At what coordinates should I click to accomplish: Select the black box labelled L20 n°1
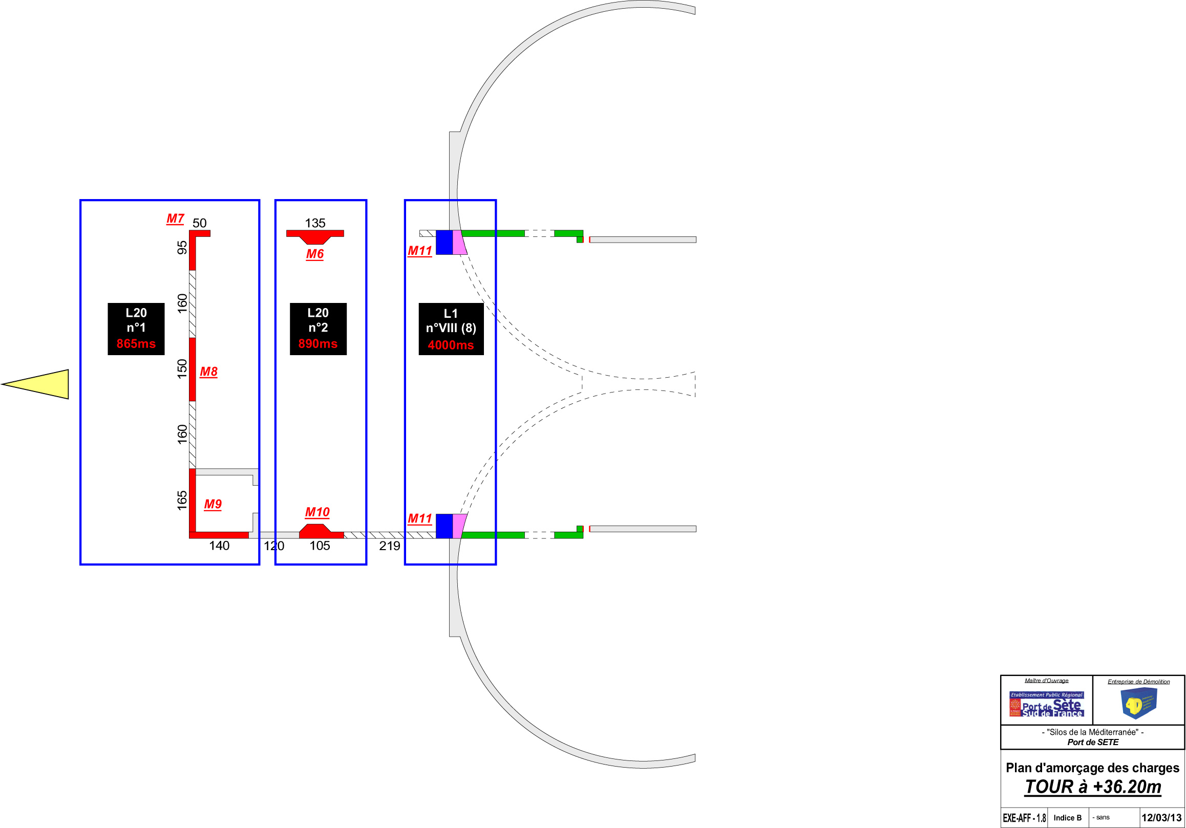(136, 329)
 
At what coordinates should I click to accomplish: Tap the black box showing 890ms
(317, 329)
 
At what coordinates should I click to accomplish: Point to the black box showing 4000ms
(451, 329)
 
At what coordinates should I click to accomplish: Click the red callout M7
(175, 219)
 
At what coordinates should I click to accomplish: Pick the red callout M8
(209, 372)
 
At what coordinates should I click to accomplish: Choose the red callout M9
(213, 505)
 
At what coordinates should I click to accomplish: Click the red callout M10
(317, 512)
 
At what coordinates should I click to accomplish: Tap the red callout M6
(315, 254)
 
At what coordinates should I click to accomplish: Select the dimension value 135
(315, 223)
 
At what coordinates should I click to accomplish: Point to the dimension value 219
(390, 546)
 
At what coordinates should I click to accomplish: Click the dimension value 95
(182, 248)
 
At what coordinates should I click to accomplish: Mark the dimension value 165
(182, 500)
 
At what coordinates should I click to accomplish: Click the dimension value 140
(219, 546)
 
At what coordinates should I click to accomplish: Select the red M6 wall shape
(315, 236)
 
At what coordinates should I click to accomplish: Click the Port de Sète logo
(1047, 704)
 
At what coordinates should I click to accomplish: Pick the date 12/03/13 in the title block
(1161, 818)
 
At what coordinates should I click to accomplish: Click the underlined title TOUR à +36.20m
(1093, 787)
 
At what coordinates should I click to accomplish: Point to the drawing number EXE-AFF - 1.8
(1024, 818)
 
